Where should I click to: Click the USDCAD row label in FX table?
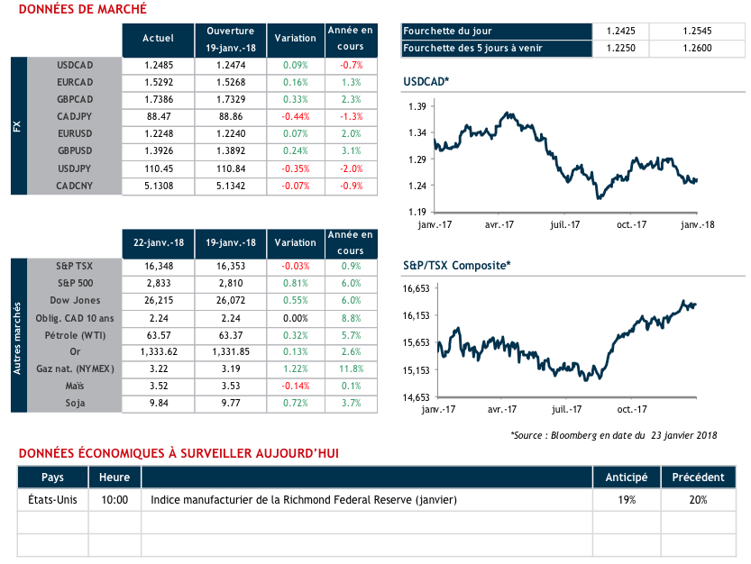pyautogui.click(x=75, y=65)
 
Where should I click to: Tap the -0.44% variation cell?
pyautogui.click(x=296, y=116)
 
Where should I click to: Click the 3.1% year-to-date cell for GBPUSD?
pyautogui.click(x=351, y=151)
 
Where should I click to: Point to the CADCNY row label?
pyautogui.click(x=75, y=186)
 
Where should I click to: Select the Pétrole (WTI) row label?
pyautogui.click(x=75, y=334)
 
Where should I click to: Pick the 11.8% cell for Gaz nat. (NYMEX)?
pyautogui.click(x=351, y=368)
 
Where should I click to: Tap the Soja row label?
pyautogui.click(x=75, y=403)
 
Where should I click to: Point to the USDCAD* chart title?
pyautogui.click(x=426, y=83)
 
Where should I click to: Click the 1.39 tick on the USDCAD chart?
pyautogui.click(x=416, y=107)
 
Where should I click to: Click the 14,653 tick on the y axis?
pyautogui.click(x=413, y=397)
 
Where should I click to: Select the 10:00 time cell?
pyautogui.click(x=114, y=499)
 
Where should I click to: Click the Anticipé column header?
pyautogui.click(x=626, y=477)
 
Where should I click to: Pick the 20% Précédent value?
pyautogui.click(x=695, y=499)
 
